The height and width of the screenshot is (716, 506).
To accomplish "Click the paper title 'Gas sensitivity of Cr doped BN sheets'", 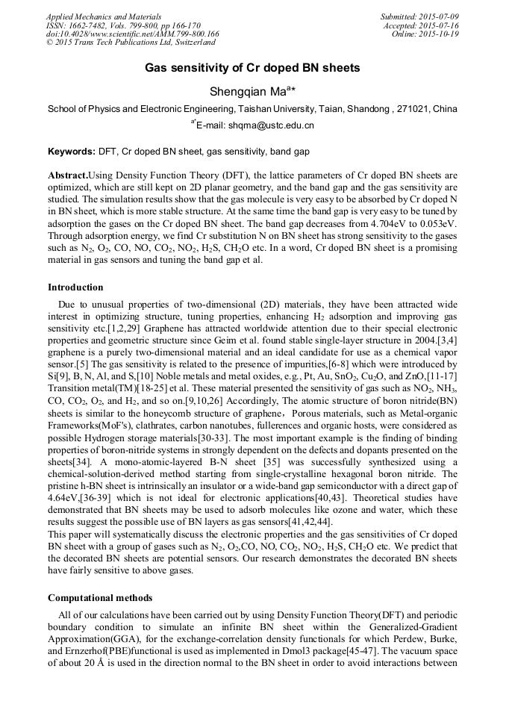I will pos(252,68).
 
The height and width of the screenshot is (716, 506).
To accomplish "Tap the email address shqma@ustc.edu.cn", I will pos(261,125).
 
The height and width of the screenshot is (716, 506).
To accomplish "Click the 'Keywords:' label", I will pos(72,152).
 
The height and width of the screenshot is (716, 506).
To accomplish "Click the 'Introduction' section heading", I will pos(75,287).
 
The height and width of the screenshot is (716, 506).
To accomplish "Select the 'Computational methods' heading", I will pos(100,598).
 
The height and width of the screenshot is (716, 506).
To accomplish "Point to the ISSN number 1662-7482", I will pos(90,25).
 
